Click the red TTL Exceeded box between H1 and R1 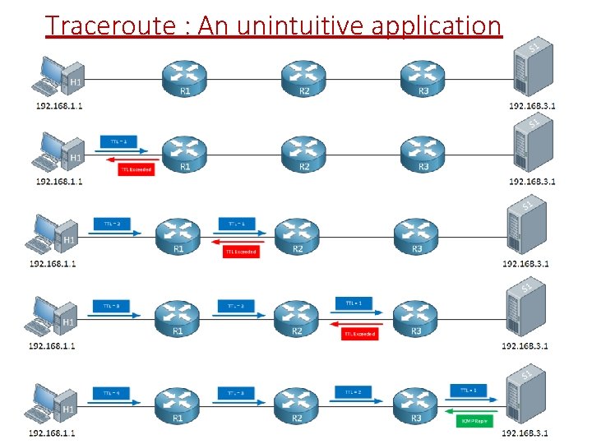coord(136,169)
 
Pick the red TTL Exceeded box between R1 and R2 coord(241,252)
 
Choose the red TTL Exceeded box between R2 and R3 coord(360,334)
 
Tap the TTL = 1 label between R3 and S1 coord(469,390)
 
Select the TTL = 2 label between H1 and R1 coord(113,223)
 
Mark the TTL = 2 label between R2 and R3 coord(354,393)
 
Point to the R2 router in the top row coord(304,76)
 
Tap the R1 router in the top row coord(185,76)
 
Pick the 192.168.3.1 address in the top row coord(532,106)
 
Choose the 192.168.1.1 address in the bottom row coord(52,432)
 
